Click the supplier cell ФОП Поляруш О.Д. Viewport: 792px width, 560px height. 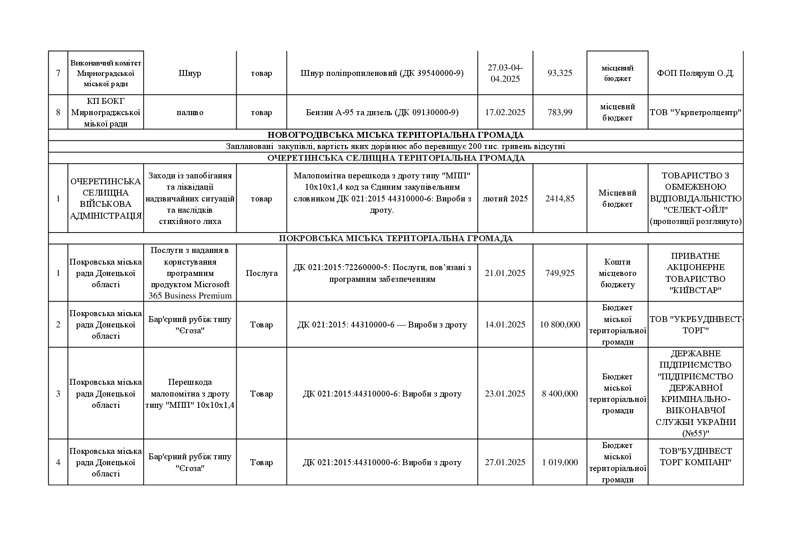(x=695, y=73)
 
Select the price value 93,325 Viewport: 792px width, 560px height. (x=559, y=73)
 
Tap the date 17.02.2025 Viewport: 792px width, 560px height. (x=505, y=112)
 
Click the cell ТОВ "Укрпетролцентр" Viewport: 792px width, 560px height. (x=695, y=112)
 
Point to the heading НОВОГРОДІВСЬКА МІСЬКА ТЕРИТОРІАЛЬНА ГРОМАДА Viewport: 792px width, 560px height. (x=396, y=135)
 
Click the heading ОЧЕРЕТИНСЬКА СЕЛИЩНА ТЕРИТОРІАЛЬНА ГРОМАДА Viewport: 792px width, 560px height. (x=396, y=158)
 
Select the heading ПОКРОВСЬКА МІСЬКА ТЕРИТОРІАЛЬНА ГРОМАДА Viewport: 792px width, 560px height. (x=396, y=238)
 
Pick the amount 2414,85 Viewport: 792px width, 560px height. (x=559, y=199)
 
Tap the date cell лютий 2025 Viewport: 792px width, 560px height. (x=505, y=199)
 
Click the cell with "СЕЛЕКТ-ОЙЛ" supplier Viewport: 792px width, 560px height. (x=695, y=199)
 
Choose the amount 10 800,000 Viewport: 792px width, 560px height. (x=559, y=325)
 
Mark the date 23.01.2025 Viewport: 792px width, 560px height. (x=505, y=394)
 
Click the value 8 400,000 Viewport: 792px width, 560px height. (x=559, y=394)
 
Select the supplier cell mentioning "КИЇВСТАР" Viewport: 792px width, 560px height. (x=695, y=273)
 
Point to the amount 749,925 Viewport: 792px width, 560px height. (x=559, y=273)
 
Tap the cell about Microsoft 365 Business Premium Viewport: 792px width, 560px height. (x=190, y=273)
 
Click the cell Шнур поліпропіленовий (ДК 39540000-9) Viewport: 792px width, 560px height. (x=382, y=73)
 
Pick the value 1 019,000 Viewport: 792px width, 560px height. (x=559, y=462)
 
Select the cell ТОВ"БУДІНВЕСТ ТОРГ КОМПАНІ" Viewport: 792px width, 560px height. (x=695, y=457)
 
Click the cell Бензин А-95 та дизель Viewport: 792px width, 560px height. (x=382, y=112)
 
